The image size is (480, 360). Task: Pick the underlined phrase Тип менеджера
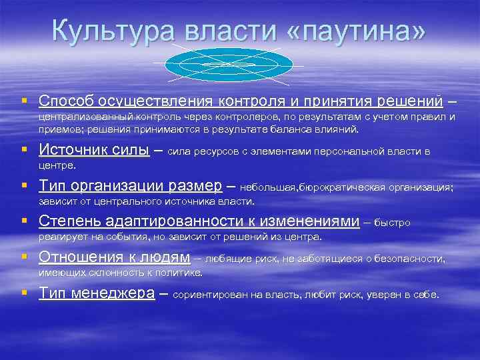pos(97,293)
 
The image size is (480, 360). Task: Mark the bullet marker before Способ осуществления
pos(24,101)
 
